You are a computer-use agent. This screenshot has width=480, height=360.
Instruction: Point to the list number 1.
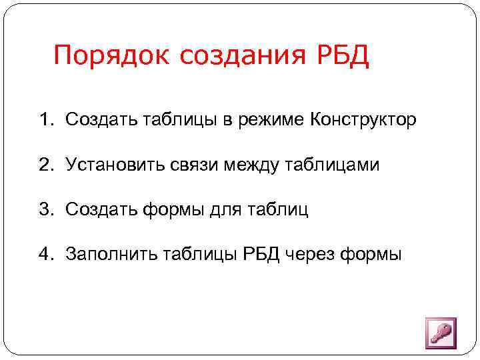point(45,120)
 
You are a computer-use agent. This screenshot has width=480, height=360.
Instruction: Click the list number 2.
point(45,165)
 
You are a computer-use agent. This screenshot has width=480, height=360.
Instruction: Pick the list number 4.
point(45,254)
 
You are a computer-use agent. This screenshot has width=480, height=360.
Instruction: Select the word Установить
point(109,165)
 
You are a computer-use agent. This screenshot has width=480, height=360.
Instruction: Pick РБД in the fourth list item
point(259,254)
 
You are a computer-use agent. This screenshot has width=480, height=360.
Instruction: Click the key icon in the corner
point(440,332)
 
